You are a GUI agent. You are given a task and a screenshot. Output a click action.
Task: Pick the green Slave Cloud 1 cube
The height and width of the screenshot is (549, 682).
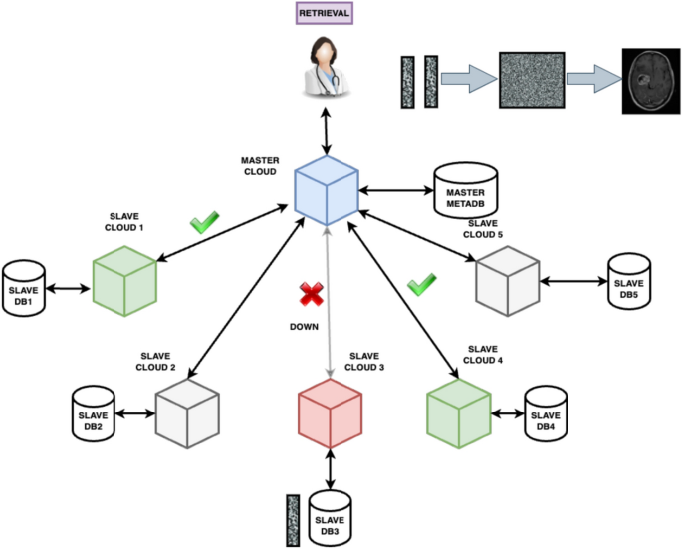tap(124, 280)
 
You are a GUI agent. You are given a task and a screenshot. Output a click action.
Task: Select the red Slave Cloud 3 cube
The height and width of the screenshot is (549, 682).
tap(330, 412)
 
